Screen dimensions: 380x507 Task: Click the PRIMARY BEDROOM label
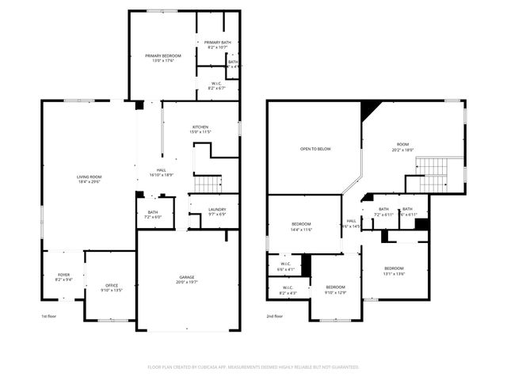[163, 55]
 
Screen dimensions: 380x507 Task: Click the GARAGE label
[187, 277]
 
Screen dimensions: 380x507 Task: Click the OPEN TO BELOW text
[315, 149]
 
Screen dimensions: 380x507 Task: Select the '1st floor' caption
[49, 316]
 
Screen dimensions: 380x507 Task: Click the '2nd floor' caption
[274, 316]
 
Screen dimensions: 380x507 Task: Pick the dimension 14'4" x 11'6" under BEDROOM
[301, 230]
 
